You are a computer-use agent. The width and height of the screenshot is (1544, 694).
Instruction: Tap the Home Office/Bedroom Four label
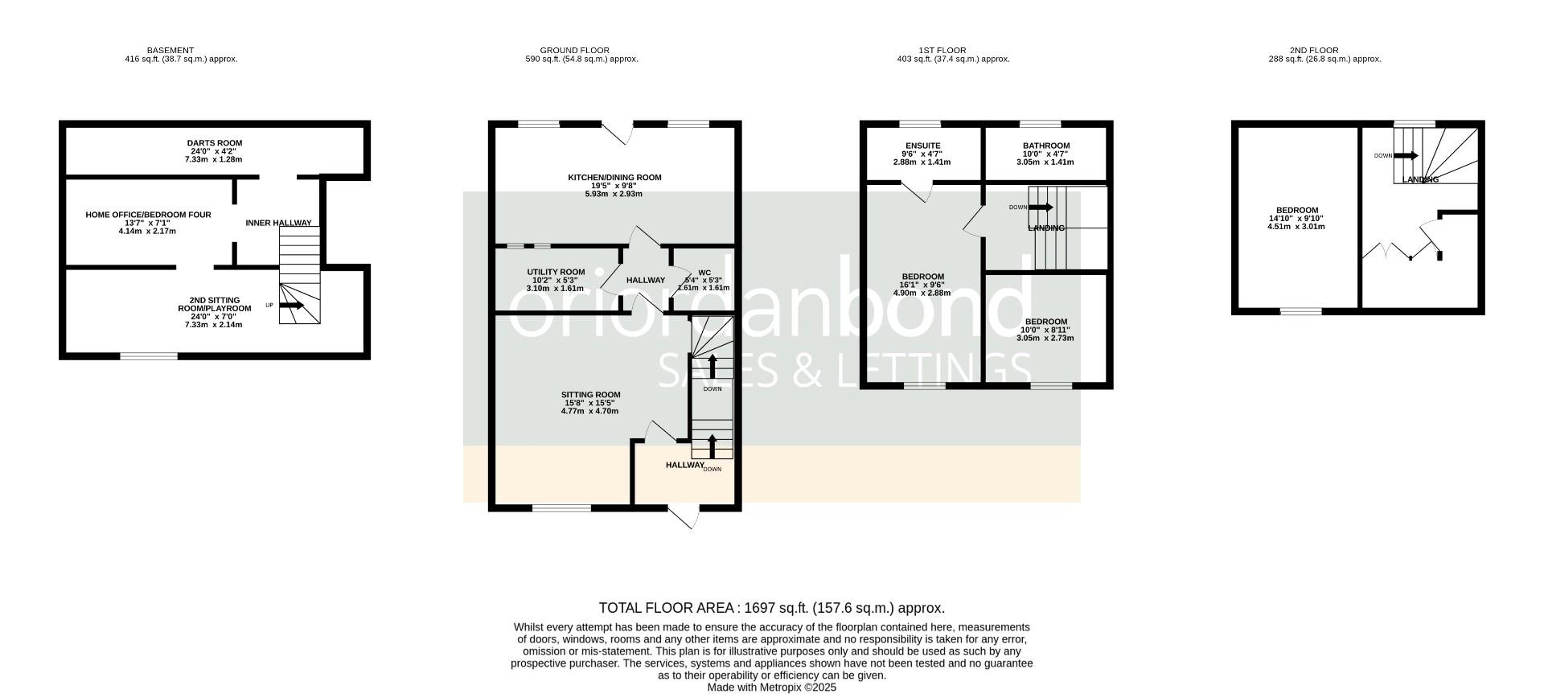149,215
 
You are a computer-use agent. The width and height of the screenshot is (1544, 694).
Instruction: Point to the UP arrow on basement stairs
292,306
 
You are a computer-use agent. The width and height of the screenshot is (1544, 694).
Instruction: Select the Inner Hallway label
278,223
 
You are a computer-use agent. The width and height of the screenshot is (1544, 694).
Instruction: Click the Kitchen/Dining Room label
615,178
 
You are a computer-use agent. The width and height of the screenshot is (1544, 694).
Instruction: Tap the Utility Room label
556,272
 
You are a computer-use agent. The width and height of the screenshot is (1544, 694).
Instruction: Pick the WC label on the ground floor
704,272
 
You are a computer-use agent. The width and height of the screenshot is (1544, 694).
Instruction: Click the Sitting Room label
591,395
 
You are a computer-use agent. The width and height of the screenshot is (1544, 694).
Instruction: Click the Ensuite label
922,146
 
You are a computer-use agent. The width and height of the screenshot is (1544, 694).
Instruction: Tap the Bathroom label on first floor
1045,146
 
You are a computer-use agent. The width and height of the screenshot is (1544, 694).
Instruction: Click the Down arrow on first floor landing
1041,207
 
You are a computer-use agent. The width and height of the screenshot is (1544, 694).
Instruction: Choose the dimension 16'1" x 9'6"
922,285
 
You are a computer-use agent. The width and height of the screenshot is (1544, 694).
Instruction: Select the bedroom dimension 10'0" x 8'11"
1045,330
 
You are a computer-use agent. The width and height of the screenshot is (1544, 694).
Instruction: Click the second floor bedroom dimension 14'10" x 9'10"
1296,218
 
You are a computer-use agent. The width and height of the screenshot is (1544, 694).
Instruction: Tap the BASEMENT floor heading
170,50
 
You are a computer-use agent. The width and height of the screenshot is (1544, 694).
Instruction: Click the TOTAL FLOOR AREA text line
772,608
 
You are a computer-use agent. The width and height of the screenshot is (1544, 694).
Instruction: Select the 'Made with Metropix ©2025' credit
772,688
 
